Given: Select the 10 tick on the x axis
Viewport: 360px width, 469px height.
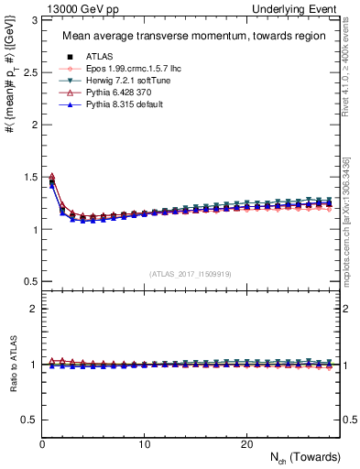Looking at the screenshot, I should [144, 444].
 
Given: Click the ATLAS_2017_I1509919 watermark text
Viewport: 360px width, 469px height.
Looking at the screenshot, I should [189, 273].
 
